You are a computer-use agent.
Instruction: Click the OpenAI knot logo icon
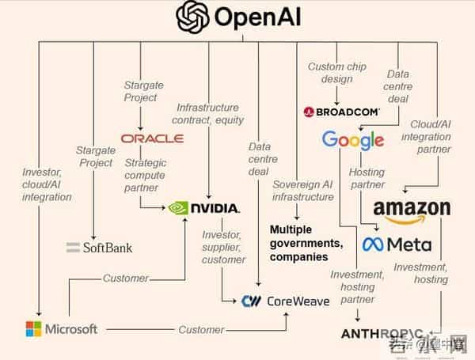(192, 17)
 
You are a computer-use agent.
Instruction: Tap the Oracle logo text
(152, 138)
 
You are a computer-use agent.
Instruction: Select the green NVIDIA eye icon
(179, 208)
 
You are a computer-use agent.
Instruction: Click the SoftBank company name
(100, 248)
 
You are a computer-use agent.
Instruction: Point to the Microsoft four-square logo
(34, 328)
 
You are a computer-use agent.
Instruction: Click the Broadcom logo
(341, 112)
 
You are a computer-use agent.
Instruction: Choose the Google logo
(352, 141)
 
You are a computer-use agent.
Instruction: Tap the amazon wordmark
(412, 209)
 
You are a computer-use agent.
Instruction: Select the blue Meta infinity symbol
(373, 244)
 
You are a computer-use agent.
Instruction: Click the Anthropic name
(382, 334)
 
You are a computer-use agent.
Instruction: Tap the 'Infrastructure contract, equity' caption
(207, 113)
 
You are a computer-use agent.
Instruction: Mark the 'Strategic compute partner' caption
(144, 176)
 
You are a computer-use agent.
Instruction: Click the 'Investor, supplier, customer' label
(223, 248)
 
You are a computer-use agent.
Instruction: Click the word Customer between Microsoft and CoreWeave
(200, 328)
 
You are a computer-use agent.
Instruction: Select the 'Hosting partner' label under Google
(366, 178)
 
